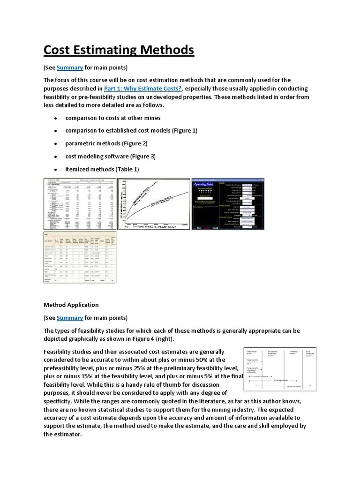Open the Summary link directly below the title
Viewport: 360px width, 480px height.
[70, 67]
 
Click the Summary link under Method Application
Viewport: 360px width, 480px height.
[70, 318]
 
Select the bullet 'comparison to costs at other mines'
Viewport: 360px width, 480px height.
[113, 118]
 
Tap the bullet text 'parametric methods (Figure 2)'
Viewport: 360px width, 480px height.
[106, 143]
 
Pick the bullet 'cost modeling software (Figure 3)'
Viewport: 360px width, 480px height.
[110, 156]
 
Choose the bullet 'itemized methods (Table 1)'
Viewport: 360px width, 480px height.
[102, 169]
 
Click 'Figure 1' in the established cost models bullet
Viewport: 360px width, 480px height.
[184, 130]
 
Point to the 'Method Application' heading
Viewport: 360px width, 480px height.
[71, 305]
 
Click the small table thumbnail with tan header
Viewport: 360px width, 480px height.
[80, 258]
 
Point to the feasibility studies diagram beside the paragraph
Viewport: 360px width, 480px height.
[280, 370]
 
